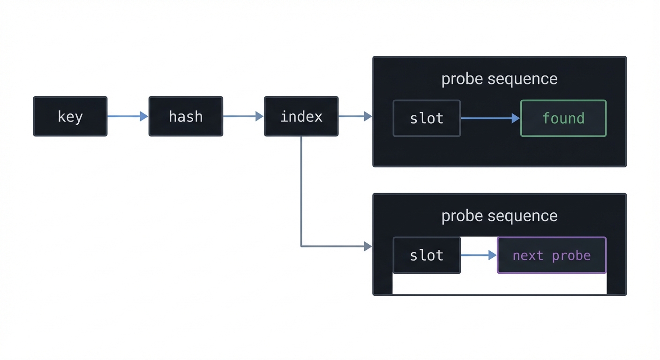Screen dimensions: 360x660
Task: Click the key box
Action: pyautogui.click(x=70, y=116)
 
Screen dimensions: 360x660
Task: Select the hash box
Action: pyautogui.click(x=186, y=116)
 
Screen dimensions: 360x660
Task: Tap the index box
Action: pyautogui.click(x=301, y=116)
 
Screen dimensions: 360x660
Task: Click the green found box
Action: pyautogui.click(x=563, y=118)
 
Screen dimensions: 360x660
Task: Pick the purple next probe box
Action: pyautogui.click(x=551, y=255)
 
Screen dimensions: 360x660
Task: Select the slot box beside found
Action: pyautogui.click(x=427, y=118)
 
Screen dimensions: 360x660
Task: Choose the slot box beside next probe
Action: pyautogui.click(x=427, y=255)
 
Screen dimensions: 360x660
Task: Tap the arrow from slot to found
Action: pyautogui.click(x=490, y=118)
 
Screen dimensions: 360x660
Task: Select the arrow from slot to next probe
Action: pyautogui.click(x=478, y=255)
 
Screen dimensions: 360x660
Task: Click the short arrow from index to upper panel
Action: pyautogui.click(x=354, y=116)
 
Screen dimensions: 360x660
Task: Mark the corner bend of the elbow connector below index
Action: pyautogui.click(x=301, y=246)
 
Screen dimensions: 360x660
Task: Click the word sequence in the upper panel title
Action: pyautogui.click(x=522, y=79)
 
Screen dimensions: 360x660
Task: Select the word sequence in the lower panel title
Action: pyautogui.click(x=522, y=216)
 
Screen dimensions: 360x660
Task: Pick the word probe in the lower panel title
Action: pyautogui.click(x=462, y=217)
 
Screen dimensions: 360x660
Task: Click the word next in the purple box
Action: pyautogui.click(x=528, y=255)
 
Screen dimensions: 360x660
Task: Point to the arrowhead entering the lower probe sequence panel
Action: pyautogui.click(x=368, y=246)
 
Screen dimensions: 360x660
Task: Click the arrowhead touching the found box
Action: pyautogui.click(x=516, y=118)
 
